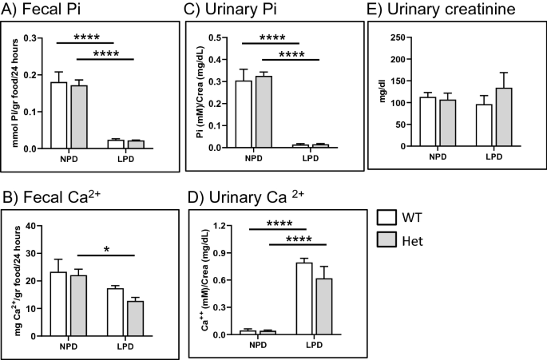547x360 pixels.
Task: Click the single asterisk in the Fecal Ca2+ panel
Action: [106, 250]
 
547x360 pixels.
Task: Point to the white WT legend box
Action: [390, 238]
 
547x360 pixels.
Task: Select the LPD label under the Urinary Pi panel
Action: [310, 157]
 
